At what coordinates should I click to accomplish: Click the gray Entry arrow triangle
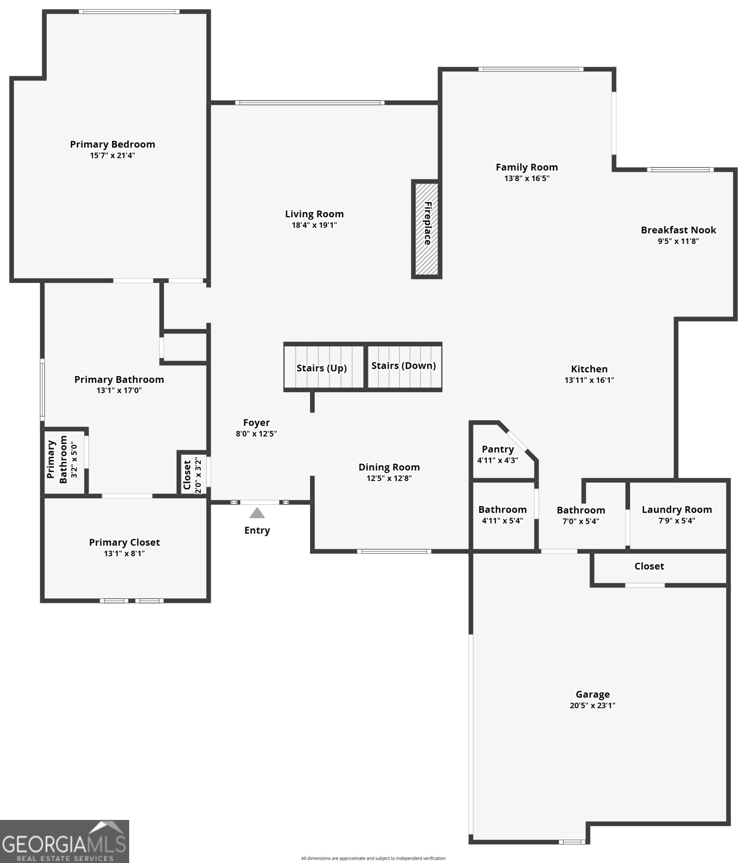pos(257,513)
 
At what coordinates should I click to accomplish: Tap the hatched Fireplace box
pos(426,229)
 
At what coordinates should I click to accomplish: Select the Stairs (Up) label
pos(321,368)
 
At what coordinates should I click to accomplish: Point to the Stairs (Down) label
pos(403,366)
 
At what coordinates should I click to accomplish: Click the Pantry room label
pos(498,449)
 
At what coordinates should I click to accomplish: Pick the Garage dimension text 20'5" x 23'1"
pos(592,705)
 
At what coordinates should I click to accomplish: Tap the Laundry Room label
pos(677,509)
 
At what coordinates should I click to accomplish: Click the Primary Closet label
pos(124,542)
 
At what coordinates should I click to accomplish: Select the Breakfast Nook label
pos(678,230)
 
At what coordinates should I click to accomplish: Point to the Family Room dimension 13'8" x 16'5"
pos(526,178)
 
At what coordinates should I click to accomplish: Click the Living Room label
pos(314,214)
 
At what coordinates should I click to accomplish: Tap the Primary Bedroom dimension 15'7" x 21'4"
pos(113,155)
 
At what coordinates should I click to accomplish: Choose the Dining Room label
pos(389,467)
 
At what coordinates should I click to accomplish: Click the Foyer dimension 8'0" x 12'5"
pos(256,434)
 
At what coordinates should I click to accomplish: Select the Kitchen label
pos(589,369)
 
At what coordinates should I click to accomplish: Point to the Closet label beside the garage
pos(649,566)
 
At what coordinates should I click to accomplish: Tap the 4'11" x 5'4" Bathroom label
pos(502,509)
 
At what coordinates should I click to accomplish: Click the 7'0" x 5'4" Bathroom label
pos(581,510)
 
